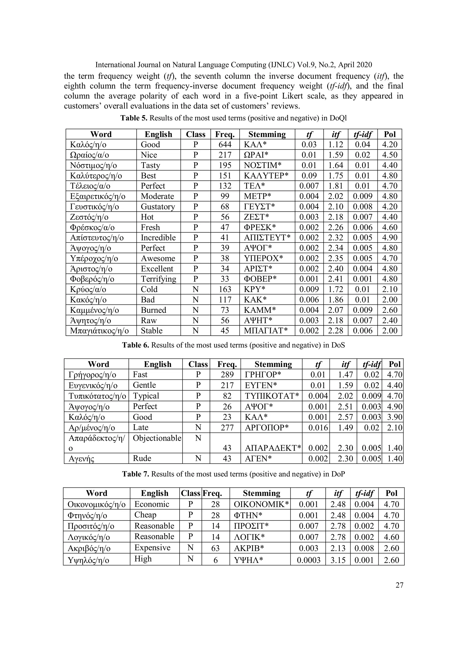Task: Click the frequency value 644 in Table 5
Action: click(x=225, y=144)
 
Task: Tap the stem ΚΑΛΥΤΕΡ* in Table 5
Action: click(x=266, y=175)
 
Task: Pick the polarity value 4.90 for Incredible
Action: click(x=390, y=238)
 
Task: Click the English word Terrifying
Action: click(x=158, y=279)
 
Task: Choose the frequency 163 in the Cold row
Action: click(x=225, y=290)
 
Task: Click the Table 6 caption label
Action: click(x=135, y=345)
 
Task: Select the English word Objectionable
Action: click(x=157, y=438)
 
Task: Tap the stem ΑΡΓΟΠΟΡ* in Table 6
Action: click(x=266, y=428)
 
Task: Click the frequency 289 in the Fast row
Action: click(x=227, y=375)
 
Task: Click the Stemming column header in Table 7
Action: click(x=262, y=493)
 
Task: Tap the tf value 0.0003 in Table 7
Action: click(x=308, y=560)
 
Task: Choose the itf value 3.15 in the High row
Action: click(x=338, y=560)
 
